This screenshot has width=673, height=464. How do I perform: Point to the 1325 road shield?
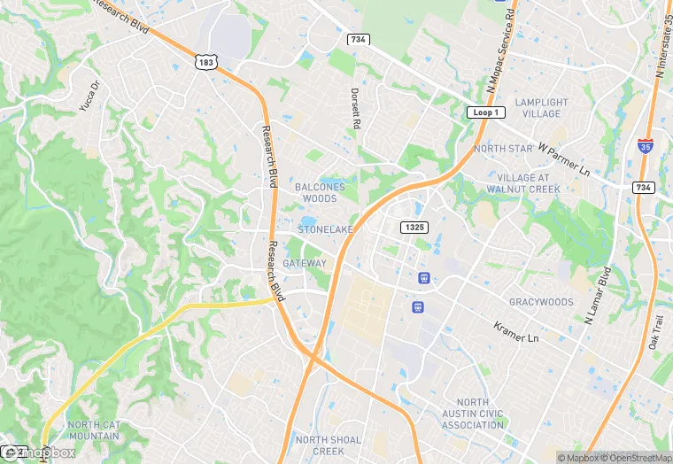[414, 228]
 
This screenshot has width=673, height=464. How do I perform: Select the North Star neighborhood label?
[503, 149]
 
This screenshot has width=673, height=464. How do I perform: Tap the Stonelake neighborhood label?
[325, 229]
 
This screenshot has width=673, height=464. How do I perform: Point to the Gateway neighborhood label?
[305, 263]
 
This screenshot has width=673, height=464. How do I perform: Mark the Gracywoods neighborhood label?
[541, 302]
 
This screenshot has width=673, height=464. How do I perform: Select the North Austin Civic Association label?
[473, 414]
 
